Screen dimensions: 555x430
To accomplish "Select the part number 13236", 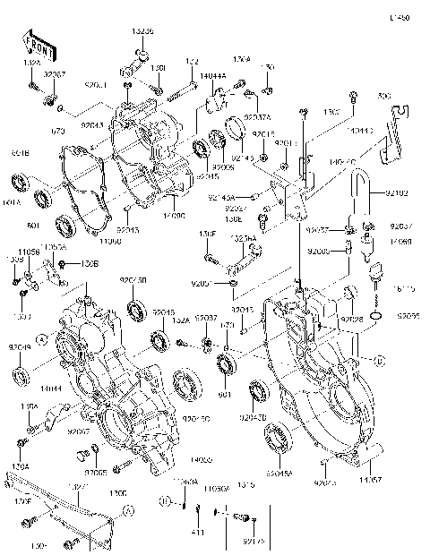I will point(142,30).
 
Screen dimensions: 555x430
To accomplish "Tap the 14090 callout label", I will point(175,216).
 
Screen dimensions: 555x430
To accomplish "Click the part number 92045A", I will point(279,473).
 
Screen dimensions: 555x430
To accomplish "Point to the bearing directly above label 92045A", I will point(277,442).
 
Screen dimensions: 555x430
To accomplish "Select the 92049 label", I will point(21,346).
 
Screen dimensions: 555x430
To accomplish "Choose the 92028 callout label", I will point(350,318).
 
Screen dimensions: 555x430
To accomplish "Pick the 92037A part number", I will point(258,117).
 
